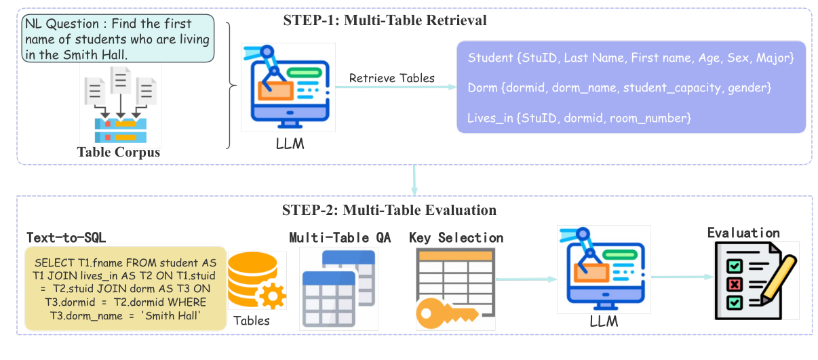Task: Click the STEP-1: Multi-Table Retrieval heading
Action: pos(385,20)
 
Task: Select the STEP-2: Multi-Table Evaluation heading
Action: pos(389,210)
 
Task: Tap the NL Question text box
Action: pos(118,39)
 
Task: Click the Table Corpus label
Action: pos(118,153)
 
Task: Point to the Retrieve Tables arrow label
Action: pos(392,78)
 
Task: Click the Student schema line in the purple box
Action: pos(631,58)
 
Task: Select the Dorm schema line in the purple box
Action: pos(619,87)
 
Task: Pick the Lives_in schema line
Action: pos(579,118)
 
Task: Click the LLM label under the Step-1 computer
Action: pos(290,144)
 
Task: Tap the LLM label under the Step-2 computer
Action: pos(604,321)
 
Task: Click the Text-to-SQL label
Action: pos(66,238)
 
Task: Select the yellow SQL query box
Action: pos(125,288)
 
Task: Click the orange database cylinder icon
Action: pos(252,279)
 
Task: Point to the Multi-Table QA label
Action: pos(340,238)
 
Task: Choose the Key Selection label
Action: pos(456,238)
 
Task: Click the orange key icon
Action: pos(447,313)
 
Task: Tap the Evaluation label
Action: pos(743,233)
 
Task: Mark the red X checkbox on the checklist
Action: pos(735,285)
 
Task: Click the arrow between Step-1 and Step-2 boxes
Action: pos(414,180)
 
